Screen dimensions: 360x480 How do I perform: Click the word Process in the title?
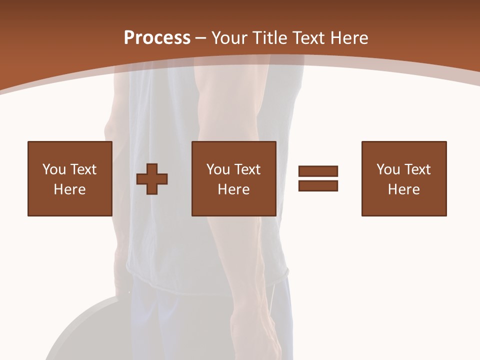click(157, 38)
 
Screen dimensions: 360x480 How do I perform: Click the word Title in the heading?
click(269, 38)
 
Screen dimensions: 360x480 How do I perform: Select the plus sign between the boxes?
click(152, 179)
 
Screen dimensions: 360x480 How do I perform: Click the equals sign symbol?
click(318, 178)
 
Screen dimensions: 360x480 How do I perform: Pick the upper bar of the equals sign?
click(318, 171)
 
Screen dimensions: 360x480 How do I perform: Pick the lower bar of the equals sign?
click(318, 185)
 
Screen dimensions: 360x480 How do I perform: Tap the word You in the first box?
click(53, 169)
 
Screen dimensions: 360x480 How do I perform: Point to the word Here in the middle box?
click(233, 189)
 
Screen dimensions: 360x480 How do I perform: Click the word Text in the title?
click(308, 38)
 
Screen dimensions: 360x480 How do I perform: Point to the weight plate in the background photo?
click(85, 330)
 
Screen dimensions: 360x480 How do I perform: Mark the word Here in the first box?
click(69, 189)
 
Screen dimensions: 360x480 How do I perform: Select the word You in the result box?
click(388, 169)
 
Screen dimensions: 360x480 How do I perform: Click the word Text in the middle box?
click(247, 169)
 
